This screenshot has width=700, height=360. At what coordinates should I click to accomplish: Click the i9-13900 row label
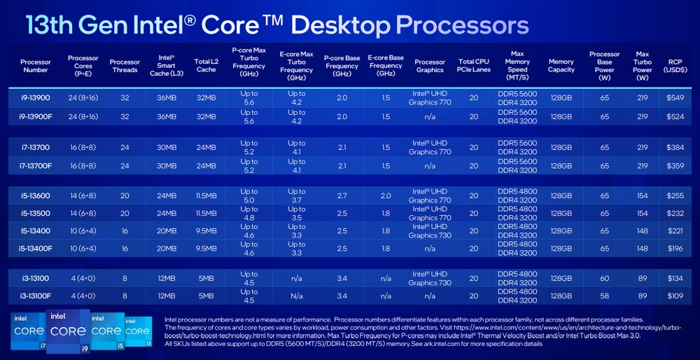point(35,98)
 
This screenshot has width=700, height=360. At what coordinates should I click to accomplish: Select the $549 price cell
point(675,98)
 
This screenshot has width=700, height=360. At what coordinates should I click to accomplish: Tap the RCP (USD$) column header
point(675,66)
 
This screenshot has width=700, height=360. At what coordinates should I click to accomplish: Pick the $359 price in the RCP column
point(675,166)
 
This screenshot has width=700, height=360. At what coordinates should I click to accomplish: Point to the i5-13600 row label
point(35,196)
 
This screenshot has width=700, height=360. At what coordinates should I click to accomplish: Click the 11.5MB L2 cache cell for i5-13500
point(206,214)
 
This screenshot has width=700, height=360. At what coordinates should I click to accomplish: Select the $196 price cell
point(675,249)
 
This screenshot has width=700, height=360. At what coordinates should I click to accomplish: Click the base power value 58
point(604,296)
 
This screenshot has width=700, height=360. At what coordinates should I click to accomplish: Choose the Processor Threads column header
point(125,66)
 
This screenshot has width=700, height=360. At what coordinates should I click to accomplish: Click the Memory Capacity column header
point(561,66)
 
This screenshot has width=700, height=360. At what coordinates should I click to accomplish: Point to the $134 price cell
point(675,278)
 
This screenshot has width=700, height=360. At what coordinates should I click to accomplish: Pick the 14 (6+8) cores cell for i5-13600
point(83,196)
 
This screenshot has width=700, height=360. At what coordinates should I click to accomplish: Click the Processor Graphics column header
point(430,66)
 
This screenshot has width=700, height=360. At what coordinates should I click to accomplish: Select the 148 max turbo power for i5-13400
point(642,231)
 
